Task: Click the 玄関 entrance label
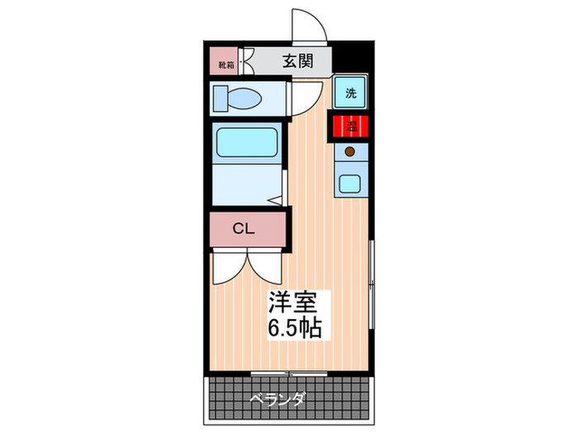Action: [x=296, y=61]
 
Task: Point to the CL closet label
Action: [x=243, y=228]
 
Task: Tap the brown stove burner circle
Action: [x=349, y=151]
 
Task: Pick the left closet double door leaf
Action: [x=226, y=266]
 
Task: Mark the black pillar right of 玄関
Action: [x=352, y=61]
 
